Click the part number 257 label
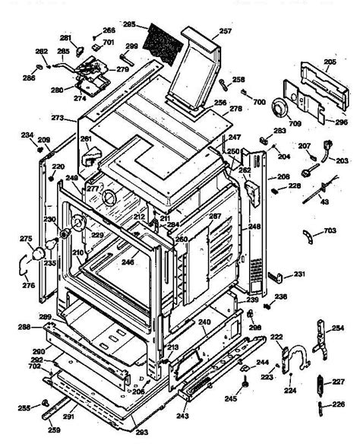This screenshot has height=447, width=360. click(225, 31)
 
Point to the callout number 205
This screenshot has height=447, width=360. click(330, 62)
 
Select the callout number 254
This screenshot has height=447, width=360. click(337, 328)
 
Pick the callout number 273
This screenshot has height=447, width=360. click(57, 119)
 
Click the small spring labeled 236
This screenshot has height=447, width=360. click(269, 298)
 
